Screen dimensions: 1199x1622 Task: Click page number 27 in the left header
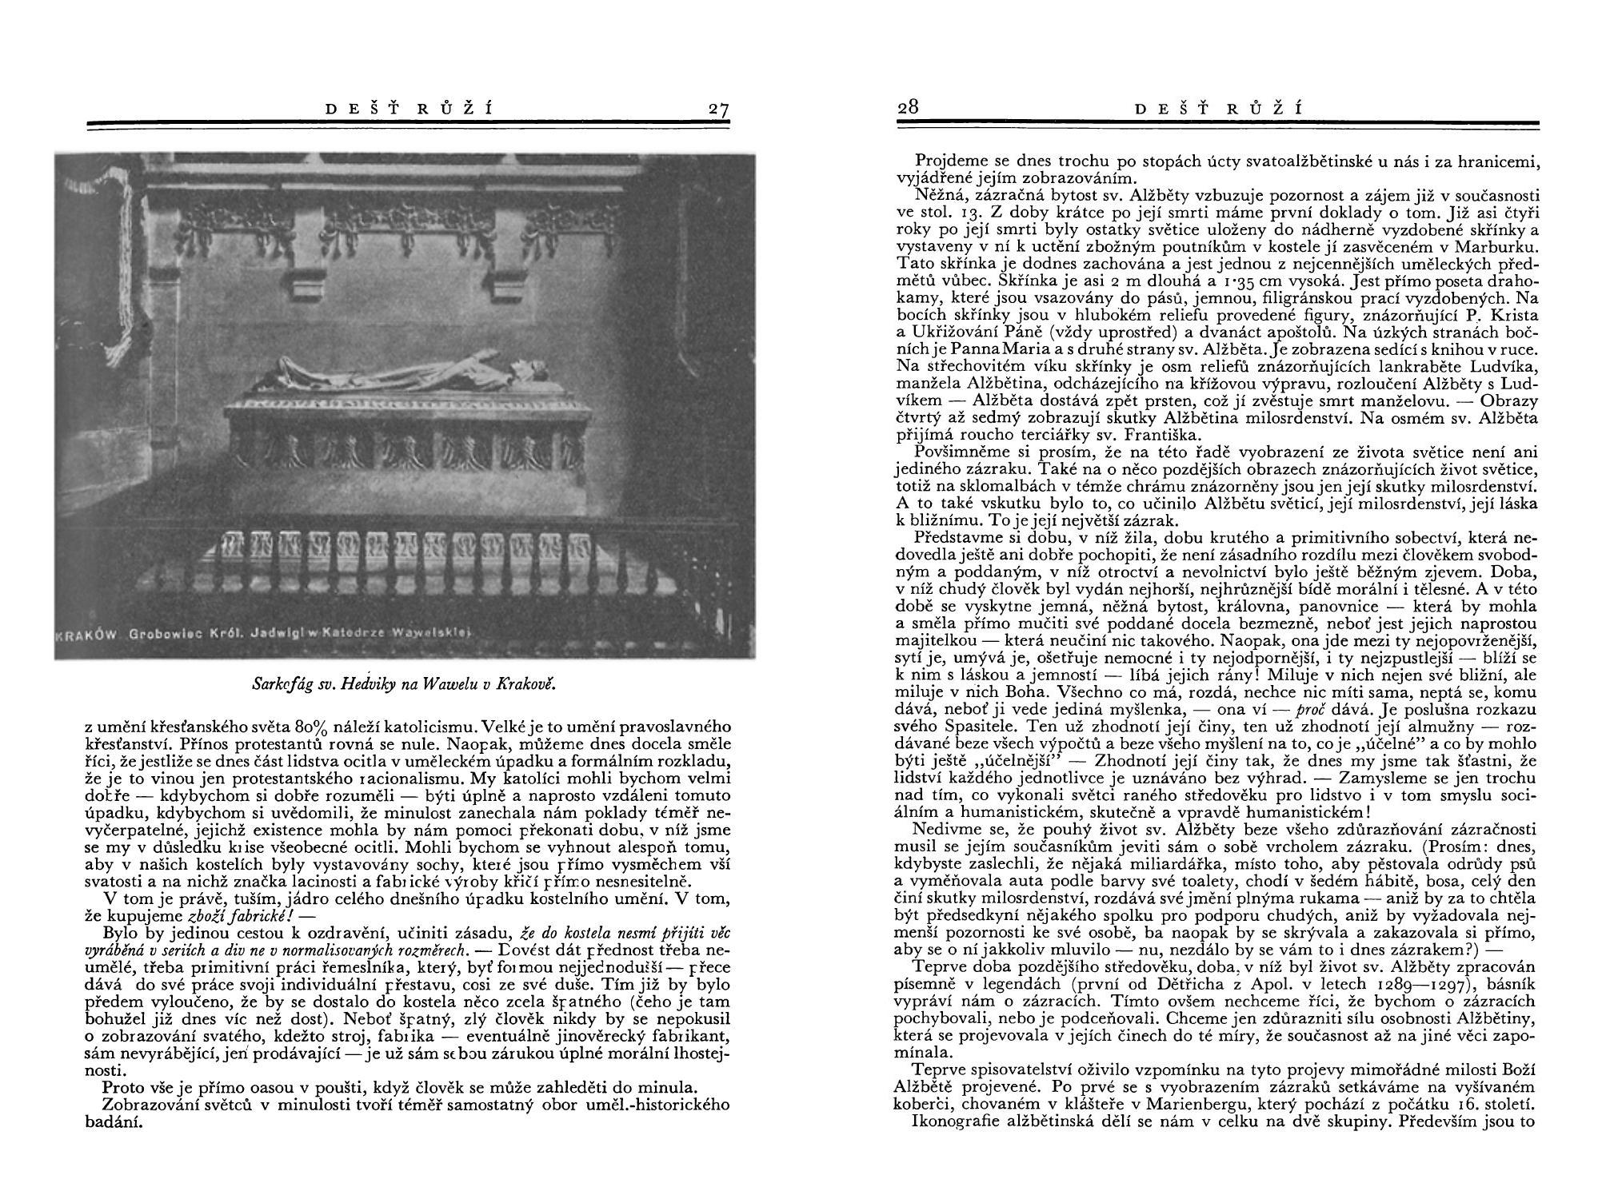(x=718, y=110)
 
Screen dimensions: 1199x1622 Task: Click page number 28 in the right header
(x=907, y=107)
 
